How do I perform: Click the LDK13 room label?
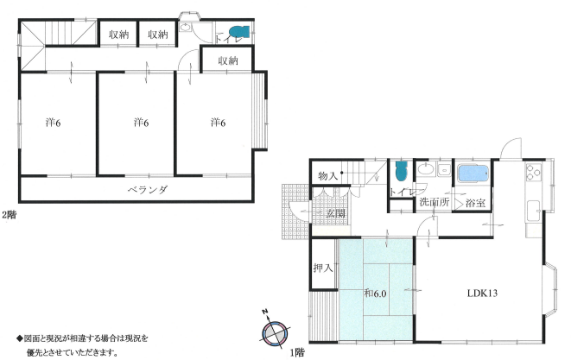point(482,293)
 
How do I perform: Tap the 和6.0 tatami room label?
point(375,294)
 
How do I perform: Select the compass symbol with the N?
point(275,332)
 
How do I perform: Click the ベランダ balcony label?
point(148,190)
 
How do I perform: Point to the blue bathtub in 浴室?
point(473,174)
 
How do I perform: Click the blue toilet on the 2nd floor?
point(239,32)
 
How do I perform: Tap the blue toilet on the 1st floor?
point(401,171)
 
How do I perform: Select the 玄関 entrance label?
point(335,213)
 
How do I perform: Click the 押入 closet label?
point(323,268)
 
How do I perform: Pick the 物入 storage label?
point(327,176)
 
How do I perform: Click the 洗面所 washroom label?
point(434,202)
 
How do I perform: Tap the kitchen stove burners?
point(533,172)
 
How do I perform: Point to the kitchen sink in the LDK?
point(534,211)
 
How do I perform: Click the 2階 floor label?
point(10,215)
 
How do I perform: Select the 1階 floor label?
point(297,352)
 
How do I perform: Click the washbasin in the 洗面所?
point(424,169)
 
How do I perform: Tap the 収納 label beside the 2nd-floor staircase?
point(118,35)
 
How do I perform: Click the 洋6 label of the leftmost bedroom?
point(54,123)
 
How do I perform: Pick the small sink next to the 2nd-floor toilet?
point(186,28)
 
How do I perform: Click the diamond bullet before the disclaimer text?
point(20,338)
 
